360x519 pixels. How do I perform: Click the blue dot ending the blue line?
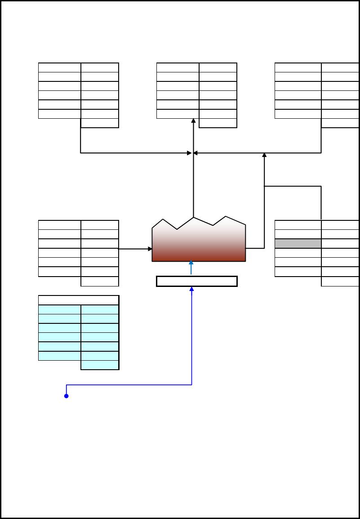click(x=67, y=396)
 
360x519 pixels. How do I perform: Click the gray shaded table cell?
click(x=298, y=244)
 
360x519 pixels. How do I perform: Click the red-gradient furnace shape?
click(x=199, y=245)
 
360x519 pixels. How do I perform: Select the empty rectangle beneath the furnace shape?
click(x=197, y=282)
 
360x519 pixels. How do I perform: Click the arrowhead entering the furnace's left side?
click(x=150, y=248)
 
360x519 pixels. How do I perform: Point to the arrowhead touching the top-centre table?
click(x=193, y=121)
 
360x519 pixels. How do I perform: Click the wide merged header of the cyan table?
click(x=79, y=300)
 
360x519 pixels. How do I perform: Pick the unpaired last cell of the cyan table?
click(x=100, y=365)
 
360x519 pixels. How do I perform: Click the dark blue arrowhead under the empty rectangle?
click(x=192, y=289)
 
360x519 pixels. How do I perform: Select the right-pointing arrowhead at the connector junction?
click(x=190, y=153)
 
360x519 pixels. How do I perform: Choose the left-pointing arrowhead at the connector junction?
click(x=196, y=153)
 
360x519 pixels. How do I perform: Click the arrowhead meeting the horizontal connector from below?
click(x=264, y=156)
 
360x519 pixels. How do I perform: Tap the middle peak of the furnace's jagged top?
click(x=194, y=219)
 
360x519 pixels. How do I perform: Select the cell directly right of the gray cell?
click(x=340, y=244)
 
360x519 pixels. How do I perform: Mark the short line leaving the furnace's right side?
click(x=255, y=248)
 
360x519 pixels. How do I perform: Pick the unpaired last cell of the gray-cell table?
click(x=340, y=282)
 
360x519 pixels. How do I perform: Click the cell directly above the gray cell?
click(x=298, y=234)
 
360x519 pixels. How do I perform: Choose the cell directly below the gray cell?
click(x=298, y=253)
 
